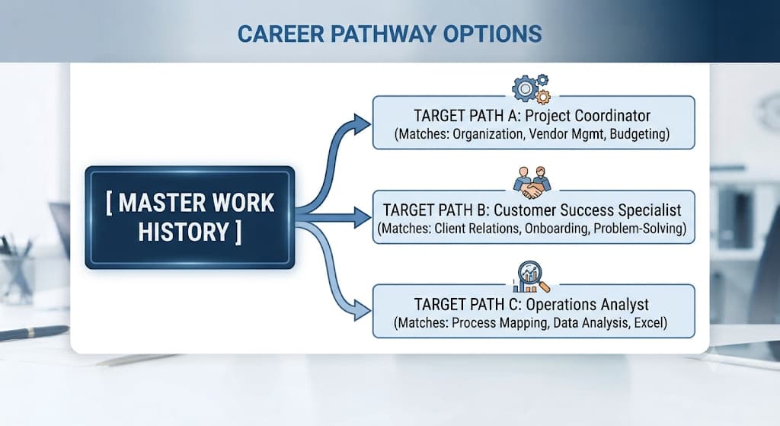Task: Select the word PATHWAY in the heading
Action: tap(383, 34)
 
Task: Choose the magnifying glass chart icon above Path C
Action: tap(531, 277)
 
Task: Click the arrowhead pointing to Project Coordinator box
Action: tap(362, 124)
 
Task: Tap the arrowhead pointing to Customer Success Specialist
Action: tap(362, 217)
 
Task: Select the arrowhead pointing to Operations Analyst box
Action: tap(362, 310)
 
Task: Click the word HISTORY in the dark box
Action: tap(184, 232)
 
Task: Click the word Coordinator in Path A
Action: tap(612, 116)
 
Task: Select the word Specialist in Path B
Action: tap(649, 210)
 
